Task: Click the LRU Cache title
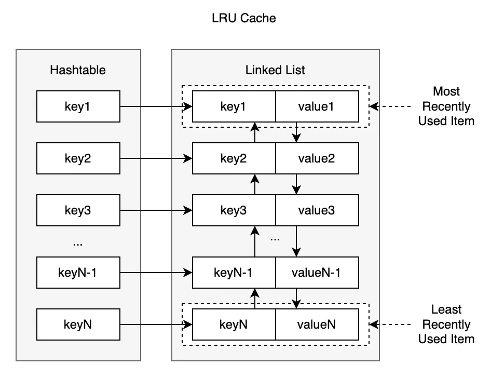tap(244, 19)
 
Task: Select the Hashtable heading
tap(78, 70)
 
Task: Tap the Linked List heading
tap(275, 70)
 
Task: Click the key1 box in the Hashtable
tap(78, 106)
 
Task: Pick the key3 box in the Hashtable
tap(78, 210)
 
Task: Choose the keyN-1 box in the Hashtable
tap(78, 273)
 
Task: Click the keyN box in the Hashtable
tap(78, 324)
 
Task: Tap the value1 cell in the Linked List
tap(317, 106)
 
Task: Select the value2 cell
tap(317, 158)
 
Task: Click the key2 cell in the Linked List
tap(234, 158)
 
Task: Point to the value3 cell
tap(317, 210)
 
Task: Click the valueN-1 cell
tap(317, 273)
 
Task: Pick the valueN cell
tap(317, 324)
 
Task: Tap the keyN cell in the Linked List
tap(234, 324)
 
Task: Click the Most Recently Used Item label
tap(446, 106)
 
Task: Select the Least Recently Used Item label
tap(446, 324)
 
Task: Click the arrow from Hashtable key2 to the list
tap(156, 158)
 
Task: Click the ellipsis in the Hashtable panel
tap(78, 242)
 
